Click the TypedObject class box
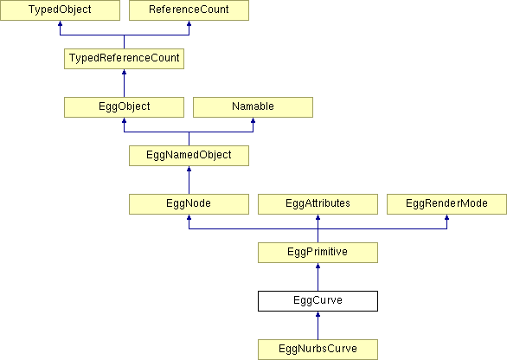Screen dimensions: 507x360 click(60, 10)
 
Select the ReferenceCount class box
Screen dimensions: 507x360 click(189, 10)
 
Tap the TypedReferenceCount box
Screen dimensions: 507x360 click(125, 59)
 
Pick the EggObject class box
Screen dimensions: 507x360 click(125, 107)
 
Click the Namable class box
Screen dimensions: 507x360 click(253, 107)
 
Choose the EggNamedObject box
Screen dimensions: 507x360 click(189, 156)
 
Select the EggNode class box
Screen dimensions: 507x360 click(189, 204)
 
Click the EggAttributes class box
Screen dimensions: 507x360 click(318, 204)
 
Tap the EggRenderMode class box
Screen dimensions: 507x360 click(446, 204)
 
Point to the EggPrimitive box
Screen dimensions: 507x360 click(318, 253)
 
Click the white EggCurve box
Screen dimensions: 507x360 click(318, 301)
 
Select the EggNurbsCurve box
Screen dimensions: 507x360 click(318, 350)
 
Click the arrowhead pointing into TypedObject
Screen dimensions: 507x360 click(60, 23)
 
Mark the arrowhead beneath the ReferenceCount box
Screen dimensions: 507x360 click(189, 23)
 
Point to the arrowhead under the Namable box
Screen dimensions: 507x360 click(253, 120)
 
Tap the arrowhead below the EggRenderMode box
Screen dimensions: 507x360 click(446, 218)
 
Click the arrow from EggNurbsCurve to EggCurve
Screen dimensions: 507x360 click(318, 325)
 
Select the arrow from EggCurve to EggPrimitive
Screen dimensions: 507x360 click(318, 277)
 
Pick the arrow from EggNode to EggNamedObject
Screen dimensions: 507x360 click(189, 180)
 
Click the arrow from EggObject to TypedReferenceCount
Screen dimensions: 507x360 click(125, 83)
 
